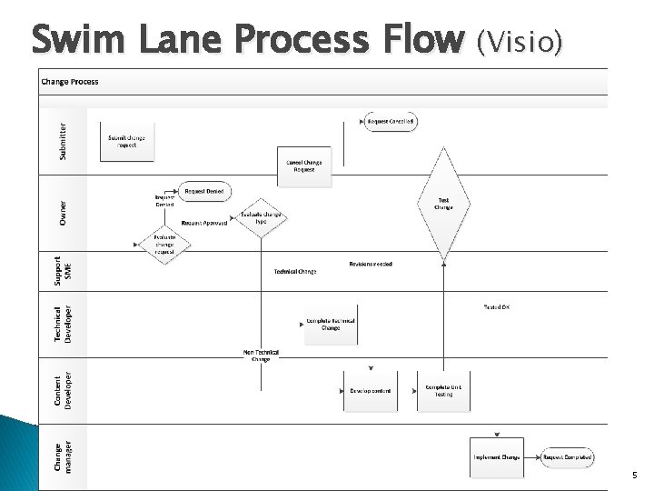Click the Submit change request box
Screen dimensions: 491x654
(126, 142)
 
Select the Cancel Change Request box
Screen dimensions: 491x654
(304, 165)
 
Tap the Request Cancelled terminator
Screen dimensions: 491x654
(391, 121)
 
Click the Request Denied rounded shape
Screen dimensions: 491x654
(204, 192)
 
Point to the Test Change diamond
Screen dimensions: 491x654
(443, 204)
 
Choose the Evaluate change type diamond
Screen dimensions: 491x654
(261, 218)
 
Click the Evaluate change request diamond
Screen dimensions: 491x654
(163, 245)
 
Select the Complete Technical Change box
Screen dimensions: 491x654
(331, 325)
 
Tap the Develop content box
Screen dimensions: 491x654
(371, 391)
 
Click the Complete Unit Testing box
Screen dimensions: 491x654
(444, 391)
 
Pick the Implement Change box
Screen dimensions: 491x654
(496, 457)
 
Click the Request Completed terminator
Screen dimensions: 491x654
(568, 457)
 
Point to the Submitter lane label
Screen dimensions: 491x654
(63, 141)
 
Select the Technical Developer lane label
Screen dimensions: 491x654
(63, 323)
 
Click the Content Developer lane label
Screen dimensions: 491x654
(63, 391)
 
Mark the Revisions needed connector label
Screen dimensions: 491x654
(371, 265)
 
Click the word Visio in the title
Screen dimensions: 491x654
(520, 41)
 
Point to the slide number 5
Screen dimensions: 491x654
(634, 476)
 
